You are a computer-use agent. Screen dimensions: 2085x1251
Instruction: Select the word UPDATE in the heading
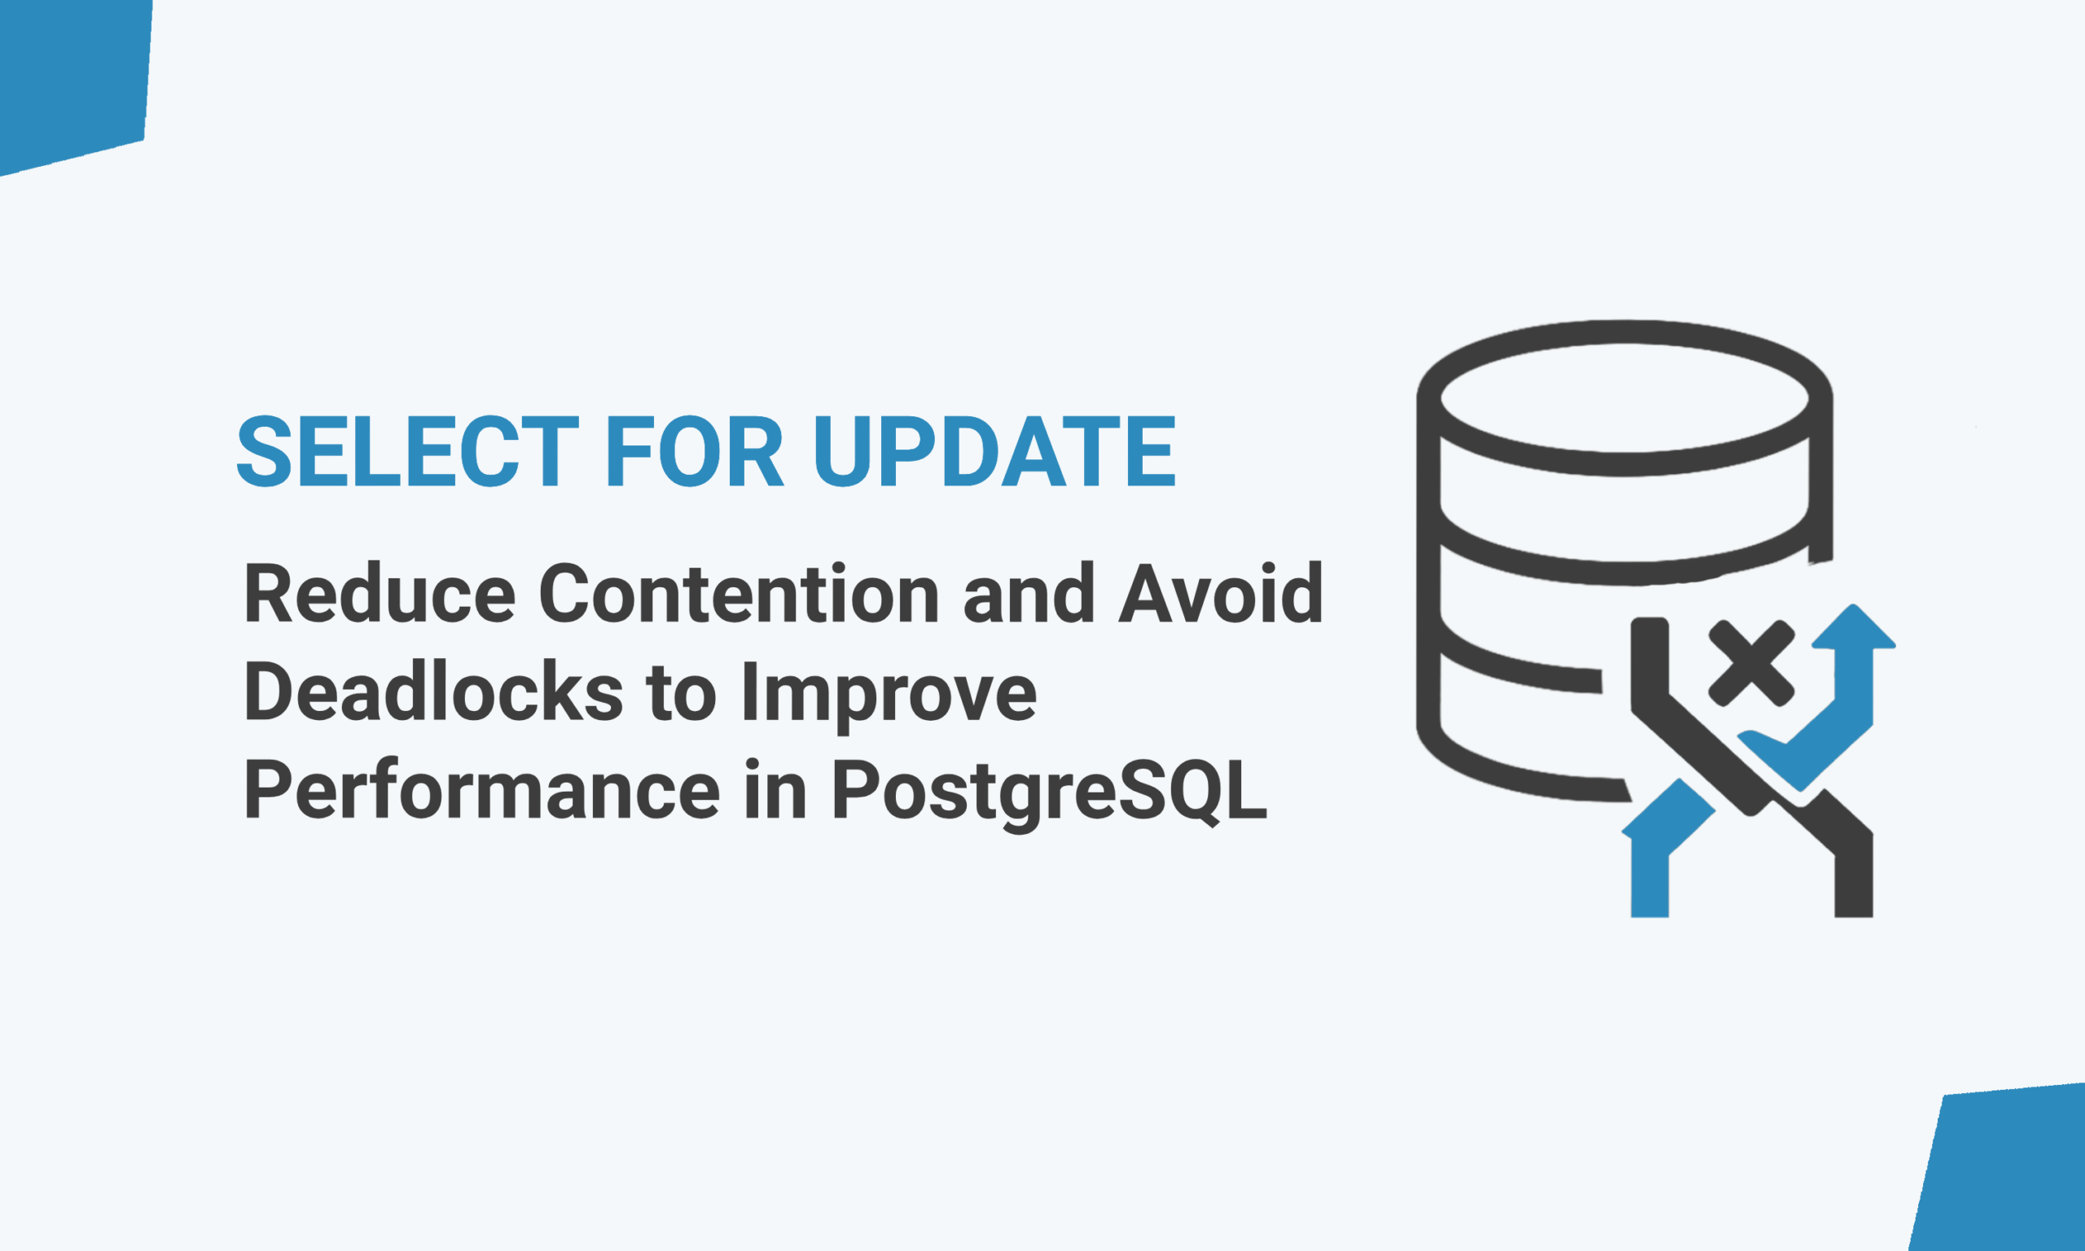[994, 451]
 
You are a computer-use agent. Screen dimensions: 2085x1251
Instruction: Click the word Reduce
[380, 593]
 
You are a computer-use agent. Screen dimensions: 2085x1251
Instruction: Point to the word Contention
[739, 593]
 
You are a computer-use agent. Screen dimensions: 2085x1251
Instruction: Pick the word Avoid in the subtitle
[1221, 593]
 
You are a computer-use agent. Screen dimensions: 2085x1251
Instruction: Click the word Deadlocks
[433, 691]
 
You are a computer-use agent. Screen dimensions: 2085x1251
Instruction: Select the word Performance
[482, 789]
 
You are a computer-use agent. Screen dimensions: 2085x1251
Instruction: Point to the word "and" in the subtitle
[1028, 593]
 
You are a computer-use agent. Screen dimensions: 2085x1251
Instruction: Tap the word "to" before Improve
[682, 693]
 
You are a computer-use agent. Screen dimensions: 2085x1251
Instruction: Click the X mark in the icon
[1751, 664]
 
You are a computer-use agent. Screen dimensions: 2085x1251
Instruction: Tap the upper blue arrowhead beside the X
[1853, 626]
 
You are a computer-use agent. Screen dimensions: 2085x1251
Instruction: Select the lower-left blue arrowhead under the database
[1668, 809]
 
